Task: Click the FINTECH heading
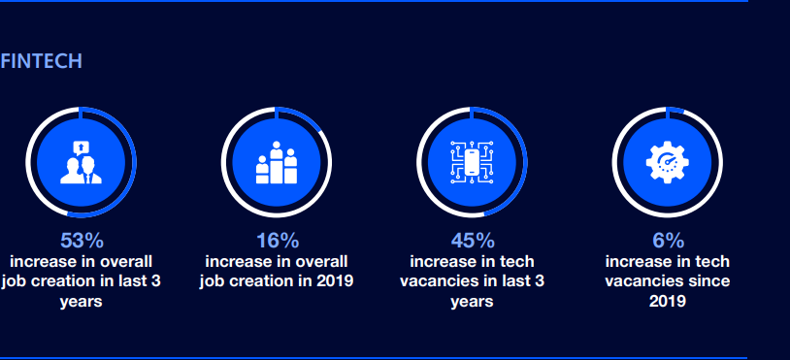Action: [42, 61]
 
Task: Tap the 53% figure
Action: [82, 241]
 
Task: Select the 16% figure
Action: [278, 241]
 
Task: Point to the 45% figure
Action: [473, 241]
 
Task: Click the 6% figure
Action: [668, 241]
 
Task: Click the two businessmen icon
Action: [82, 170]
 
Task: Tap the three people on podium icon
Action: [276, 163]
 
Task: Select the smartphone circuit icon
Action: [472, 162]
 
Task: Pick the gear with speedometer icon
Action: [667, 162]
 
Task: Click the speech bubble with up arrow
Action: [82, 147]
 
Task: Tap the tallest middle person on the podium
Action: [276, 163]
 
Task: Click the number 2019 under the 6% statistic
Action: [667, 301]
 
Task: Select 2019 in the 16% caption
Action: [335, 281]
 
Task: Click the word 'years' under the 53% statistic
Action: [82, 302]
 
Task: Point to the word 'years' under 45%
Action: [472, 302]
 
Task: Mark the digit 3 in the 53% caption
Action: [155, 281]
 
